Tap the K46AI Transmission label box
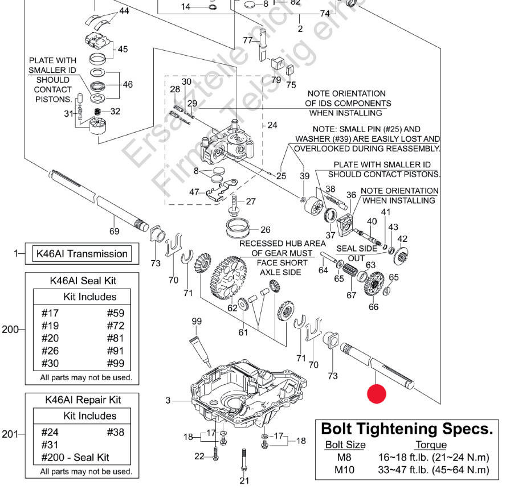[81, 254]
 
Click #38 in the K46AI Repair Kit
[115, 432]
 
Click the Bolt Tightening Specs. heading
[406, 429]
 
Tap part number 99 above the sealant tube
[197, 322]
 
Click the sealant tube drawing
[199, 349]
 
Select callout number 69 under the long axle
[114, 231]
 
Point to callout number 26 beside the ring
[266, 230]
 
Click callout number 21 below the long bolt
[244, 480]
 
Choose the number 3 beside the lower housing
[168, 401]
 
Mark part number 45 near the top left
[123, 49]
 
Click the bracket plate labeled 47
[219, 190]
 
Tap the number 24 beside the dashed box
[272, 125]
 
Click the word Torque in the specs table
[430, 445]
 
